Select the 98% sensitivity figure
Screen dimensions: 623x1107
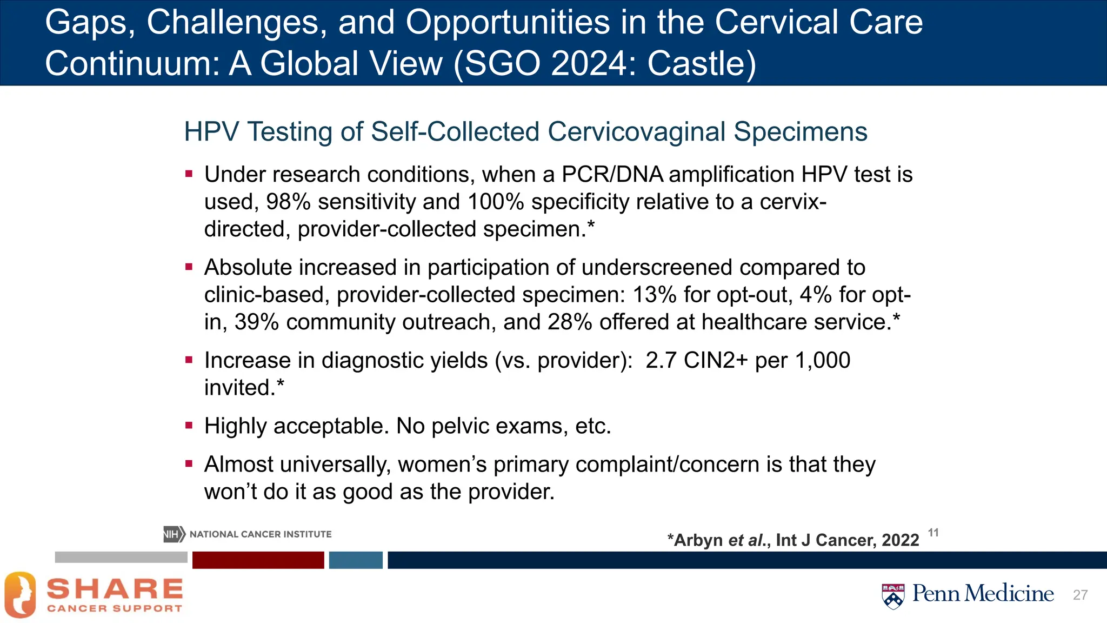click(288, 202)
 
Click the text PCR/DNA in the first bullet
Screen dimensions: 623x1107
click(612, 175)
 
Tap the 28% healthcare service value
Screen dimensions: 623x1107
click(570, 322)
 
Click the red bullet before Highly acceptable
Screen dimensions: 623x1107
click(189, 426)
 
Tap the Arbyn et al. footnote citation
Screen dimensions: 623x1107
click(792, 540)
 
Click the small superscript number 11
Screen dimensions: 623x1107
click(933, 533)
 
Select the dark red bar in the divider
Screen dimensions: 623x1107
click(258, 560)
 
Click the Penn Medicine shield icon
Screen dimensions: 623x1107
click(893, 596)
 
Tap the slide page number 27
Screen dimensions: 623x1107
click(1080, 595)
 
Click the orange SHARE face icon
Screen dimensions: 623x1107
click(21, 594)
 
